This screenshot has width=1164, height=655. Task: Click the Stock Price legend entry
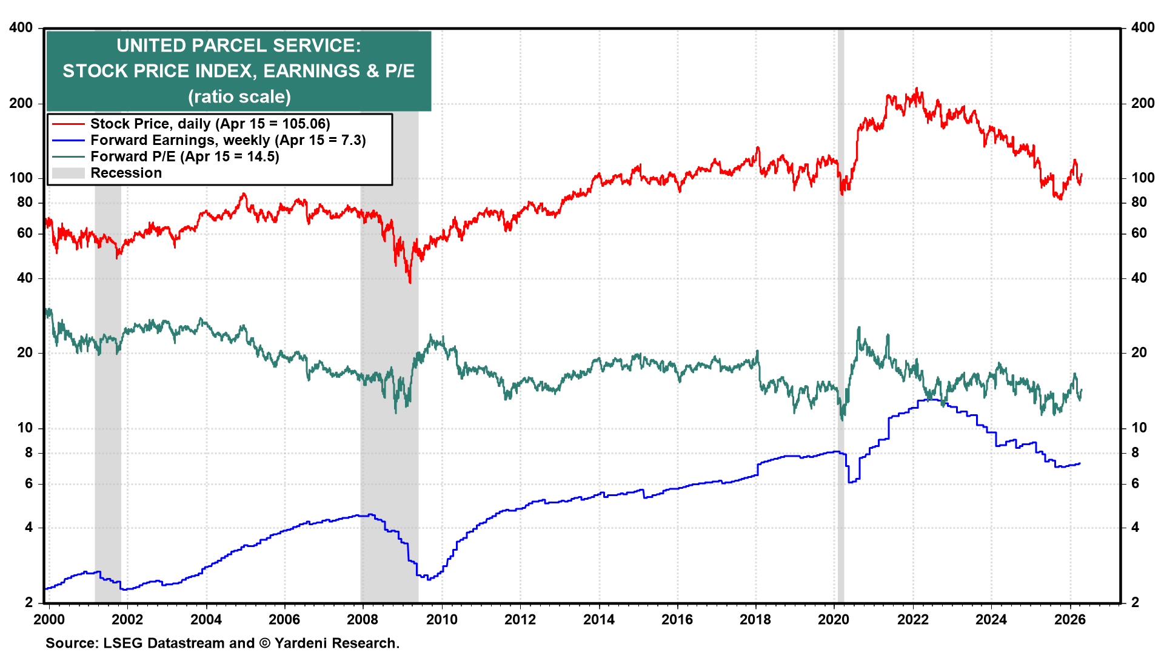(210, 124)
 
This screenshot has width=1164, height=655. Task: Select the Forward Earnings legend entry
(228, 140)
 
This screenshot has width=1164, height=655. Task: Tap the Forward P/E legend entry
(184, 156)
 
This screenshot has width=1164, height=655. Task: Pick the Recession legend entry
(126, 173)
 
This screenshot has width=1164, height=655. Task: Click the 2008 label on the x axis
(363, 619)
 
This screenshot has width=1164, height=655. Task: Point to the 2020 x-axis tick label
(834, 619)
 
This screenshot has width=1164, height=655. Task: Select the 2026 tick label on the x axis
(1070, 619)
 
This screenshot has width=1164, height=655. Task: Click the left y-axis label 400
(21, 27)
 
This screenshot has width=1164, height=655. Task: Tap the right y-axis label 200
(1142, 103)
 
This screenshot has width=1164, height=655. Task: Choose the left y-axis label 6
(28, 483)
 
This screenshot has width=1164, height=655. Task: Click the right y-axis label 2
(1135, 602)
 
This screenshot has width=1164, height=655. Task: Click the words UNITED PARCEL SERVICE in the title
(238, 45)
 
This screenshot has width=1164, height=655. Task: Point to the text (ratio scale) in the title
(239, 96)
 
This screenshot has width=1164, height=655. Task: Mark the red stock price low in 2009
(410, 281)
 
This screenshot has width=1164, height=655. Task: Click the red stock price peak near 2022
(917, 89)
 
